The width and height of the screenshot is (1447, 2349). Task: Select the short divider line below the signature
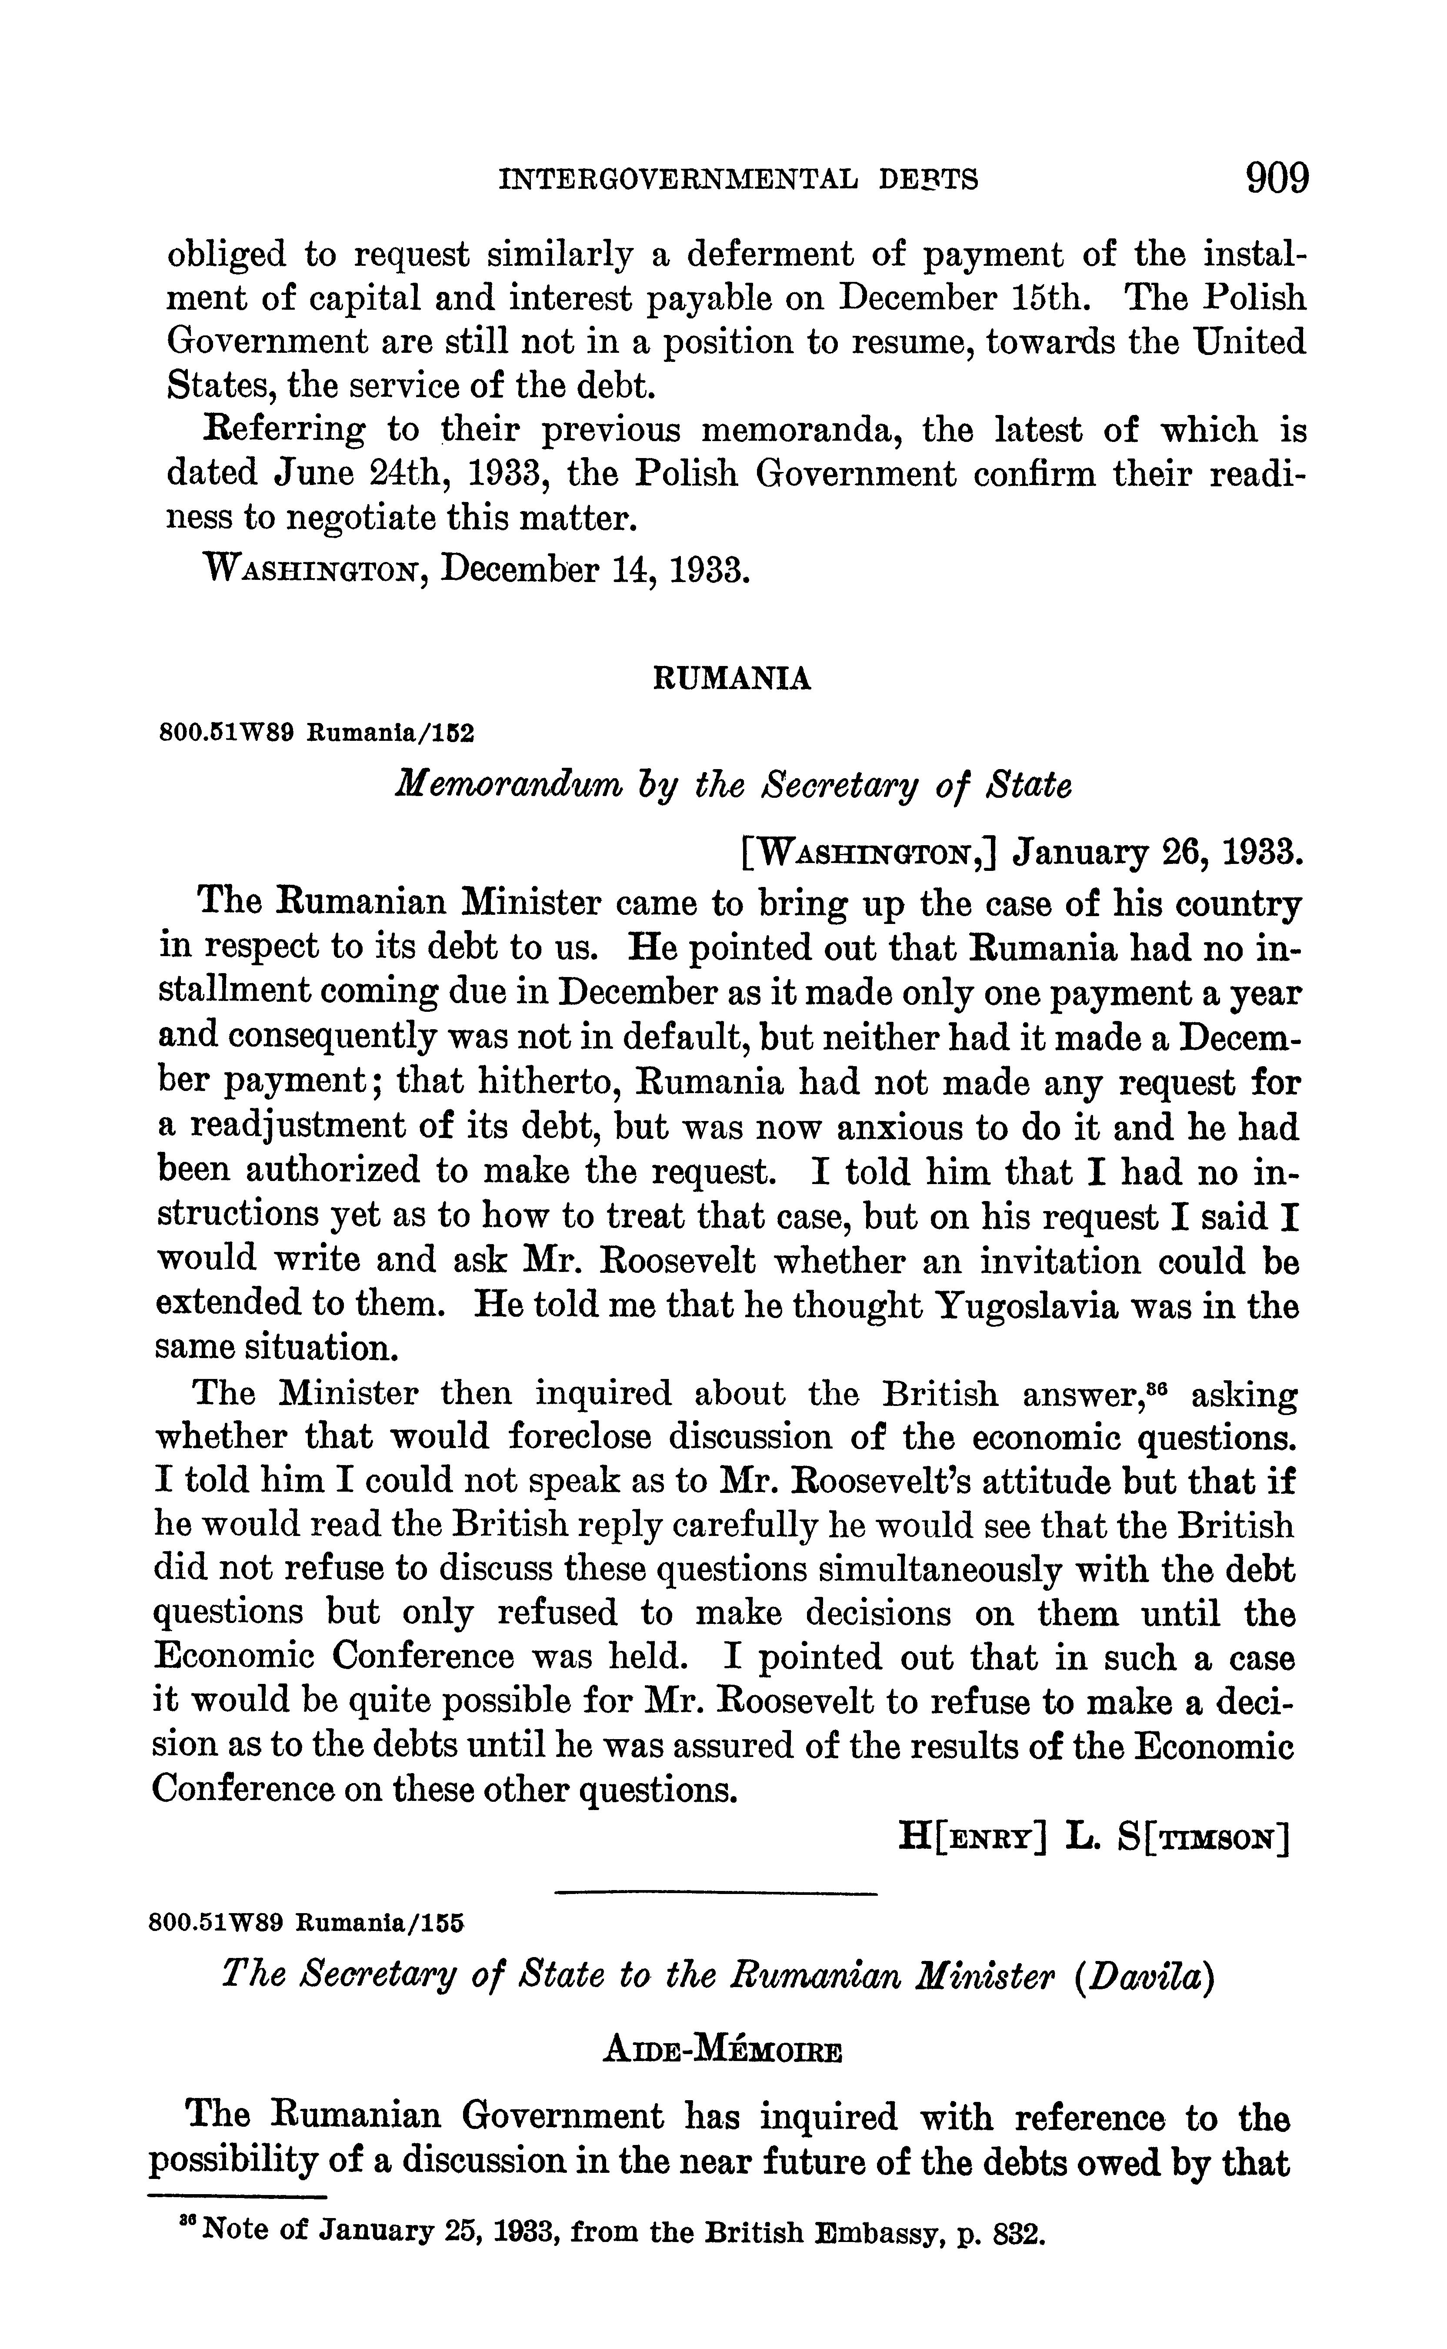[716, 1892]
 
